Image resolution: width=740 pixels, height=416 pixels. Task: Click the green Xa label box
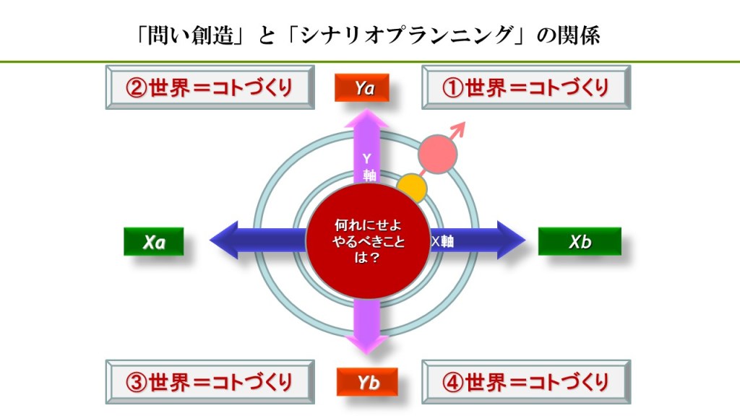(x=153, y=242)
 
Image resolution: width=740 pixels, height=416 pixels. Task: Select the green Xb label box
(x=579, y=241)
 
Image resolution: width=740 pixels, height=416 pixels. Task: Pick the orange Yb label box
(x=367, y=382)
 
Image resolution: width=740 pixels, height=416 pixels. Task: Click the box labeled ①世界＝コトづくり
(x=526, y=87)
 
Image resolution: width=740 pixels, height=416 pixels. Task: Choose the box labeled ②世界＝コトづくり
(x=210, y=87)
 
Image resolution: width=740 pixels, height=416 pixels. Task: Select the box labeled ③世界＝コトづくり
(x=210, y=381)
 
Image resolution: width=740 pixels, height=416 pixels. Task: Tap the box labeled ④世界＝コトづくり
(x=526, y=381)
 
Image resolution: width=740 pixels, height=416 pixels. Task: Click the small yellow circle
(x=412, y=188)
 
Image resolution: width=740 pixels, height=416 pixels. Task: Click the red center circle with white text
(x=369, y=241)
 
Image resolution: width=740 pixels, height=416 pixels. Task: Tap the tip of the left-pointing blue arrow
(x=212, y=240)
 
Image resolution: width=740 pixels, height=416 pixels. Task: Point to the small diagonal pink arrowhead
(x=459, y=128)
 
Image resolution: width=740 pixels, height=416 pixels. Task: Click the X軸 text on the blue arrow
(x=442, y=241)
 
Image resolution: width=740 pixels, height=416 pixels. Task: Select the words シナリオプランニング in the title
(x=411, y=35)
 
